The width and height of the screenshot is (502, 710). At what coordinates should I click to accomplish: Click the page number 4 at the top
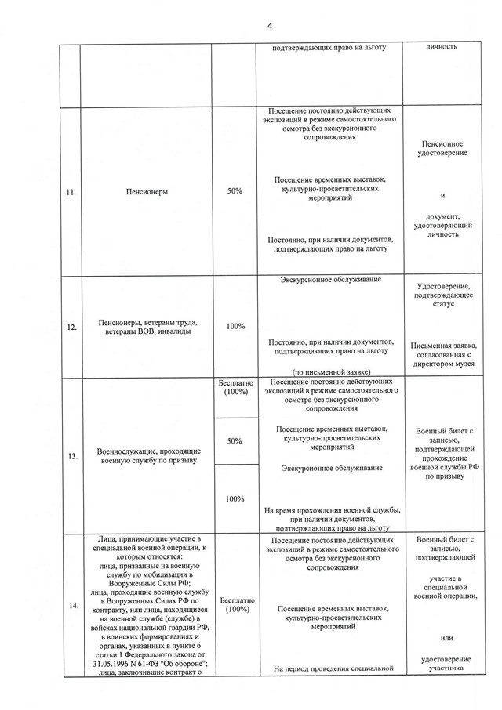point(269,26)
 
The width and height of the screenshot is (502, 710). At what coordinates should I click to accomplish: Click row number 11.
point(71,191)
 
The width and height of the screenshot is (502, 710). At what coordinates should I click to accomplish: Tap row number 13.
point(71,457)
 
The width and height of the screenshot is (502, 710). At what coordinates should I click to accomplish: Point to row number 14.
point(71,605)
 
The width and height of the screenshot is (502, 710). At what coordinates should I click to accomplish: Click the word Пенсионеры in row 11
point(147,191)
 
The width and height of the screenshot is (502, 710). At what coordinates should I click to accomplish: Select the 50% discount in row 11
point(235,191)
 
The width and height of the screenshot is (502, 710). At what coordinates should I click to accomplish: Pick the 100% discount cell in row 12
point(235,326)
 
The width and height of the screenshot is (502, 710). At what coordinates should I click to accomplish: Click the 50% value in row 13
point(235,441)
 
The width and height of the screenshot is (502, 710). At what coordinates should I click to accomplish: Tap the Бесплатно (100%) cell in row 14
point(235,604)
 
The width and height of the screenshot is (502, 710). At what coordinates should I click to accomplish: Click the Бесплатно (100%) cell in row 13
point(235,387)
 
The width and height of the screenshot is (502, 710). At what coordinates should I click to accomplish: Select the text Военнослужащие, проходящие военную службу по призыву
point(147,456)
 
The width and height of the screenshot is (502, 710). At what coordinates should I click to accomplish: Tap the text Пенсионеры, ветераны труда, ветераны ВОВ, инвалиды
point(147,328)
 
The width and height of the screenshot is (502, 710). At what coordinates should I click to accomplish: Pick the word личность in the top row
point(442,47)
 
